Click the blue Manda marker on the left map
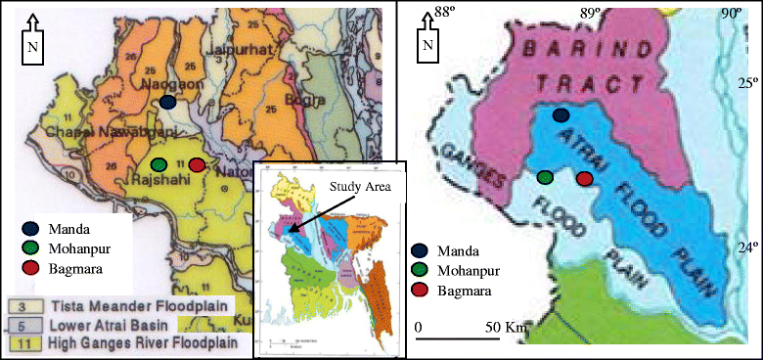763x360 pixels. [x=168, y=101]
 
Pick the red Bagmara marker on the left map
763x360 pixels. [x=197, y=164]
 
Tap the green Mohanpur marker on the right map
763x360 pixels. [x=545, y=177]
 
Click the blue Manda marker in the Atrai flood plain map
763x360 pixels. [x=561, y=115]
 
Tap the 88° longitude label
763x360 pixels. [x=445, y=12]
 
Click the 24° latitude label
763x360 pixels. [x=745, y=247]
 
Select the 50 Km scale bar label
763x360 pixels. [x=505, y=326]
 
